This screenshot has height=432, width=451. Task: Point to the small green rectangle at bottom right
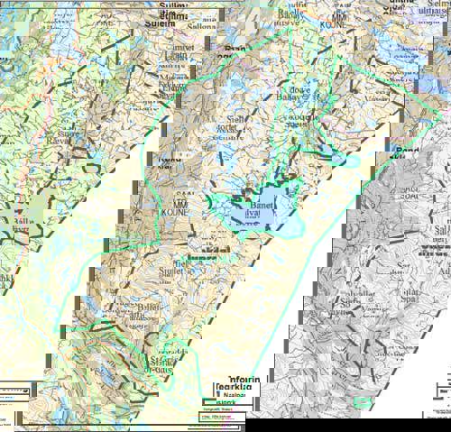pyautogui.click(x=364, y=403)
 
